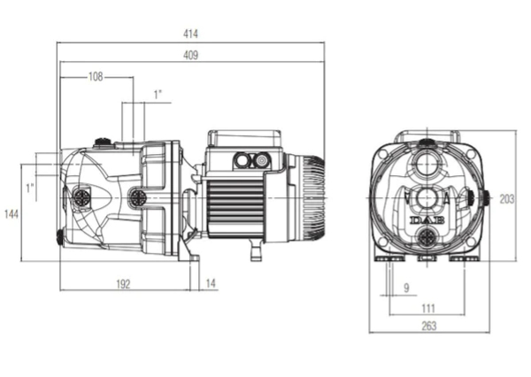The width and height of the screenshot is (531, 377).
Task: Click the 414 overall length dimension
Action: [190, 34]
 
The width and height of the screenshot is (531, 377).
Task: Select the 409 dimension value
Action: [190, 55]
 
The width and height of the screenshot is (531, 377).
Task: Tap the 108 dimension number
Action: [96, 77]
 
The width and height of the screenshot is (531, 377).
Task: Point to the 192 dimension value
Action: [123, 284]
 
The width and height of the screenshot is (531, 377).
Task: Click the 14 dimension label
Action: [211, 283]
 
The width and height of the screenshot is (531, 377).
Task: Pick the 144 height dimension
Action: [12, 214]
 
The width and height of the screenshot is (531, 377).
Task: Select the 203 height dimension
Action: [507, 199]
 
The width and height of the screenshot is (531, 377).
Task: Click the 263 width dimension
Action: [429, 326]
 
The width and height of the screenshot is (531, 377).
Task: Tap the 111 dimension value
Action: [428, 309]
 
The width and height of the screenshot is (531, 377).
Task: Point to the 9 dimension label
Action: [407, 288]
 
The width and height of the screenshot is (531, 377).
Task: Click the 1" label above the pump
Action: [158, 95]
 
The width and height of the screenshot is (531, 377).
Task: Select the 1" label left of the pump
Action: [30, 188]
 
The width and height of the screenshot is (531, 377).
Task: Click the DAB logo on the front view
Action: [428, 220]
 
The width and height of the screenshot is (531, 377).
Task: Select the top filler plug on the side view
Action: [103, 142]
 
